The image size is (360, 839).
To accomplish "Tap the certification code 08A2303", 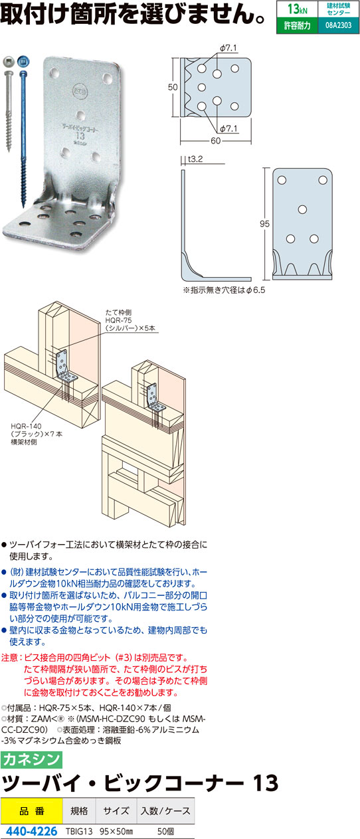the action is [x=338, y=25].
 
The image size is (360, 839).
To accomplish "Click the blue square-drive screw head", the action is [x=23, y=62].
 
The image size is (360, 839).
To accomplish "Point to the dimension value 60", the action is [x=216, y=141].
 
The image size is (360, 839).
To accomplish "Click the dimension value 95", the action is [x=264, y=224].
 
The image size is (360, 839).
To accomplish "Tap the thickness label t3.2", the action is [x=195, y=159].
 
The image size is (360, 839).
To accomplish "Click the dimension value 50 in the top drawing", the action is [x=173, y=87].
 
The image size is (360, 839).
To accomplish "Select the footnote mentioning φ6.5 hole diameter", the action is [x=224, y=290].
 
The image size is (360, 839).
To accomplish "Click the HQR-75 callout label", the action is [x=118, y=320].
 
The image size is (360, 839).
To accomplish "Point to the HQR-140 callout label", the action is [x=26, y=426].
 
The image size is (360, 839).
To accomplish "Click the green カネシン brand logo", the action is [x=31, y=759].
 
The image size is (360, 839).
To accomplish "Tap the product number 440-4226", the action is [x=31, y=831].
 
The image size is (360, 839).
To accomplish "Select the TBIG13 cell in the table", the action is [x=79, y=832].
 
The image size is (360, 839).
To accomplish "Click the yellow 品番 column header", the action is [x=31, y=811].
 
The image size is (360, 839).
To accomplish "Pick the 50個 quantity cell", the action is [x=165, y=832].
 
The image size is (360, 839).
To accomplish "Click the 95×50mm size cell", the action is [x=116, y=832].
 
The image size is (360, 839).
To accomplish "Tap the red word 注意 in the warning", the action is [x=10, y=658].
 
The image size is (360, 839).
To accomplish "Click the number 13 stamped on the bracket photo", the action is [x=80, y=136].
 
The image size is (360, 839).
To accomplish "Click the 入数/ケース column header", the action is [x=165, y=811].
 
